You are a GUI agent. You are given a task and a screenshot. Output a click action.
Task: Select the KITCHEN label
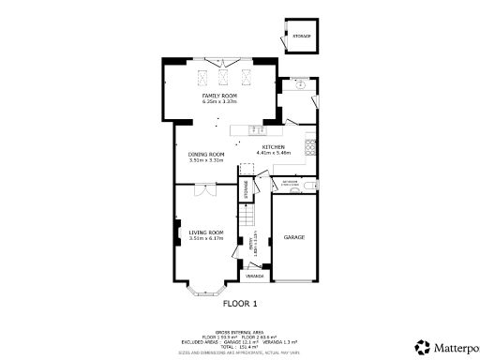click(273, 147)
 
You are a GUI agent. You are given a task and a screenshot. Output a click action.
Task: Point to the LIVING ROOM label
click(205, 232)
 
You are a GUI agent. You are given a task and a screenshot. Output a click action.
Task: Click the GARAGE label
click(294, 238)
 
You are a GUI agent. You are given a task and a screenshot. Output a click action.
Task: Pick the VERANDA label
click(254, 277)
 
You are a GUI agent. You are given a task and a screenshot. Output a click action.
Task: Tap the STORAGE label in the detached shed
click(300, 37)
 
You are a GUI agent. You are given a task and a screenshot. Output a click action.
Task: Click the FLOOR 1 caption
click(239, 304)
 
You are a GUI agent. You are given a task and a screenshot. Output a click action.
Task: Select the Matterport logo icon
click(423, 345)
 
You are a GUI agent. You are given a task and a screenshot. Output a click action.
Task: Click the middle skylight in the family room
click(223, 76)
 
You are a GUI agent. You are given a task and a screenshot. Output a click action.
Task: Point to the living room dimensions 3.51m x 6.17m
click(205, 239)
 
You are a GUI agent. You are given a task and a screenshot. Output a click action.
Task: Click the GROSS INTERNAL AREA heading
click(239, 332)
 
